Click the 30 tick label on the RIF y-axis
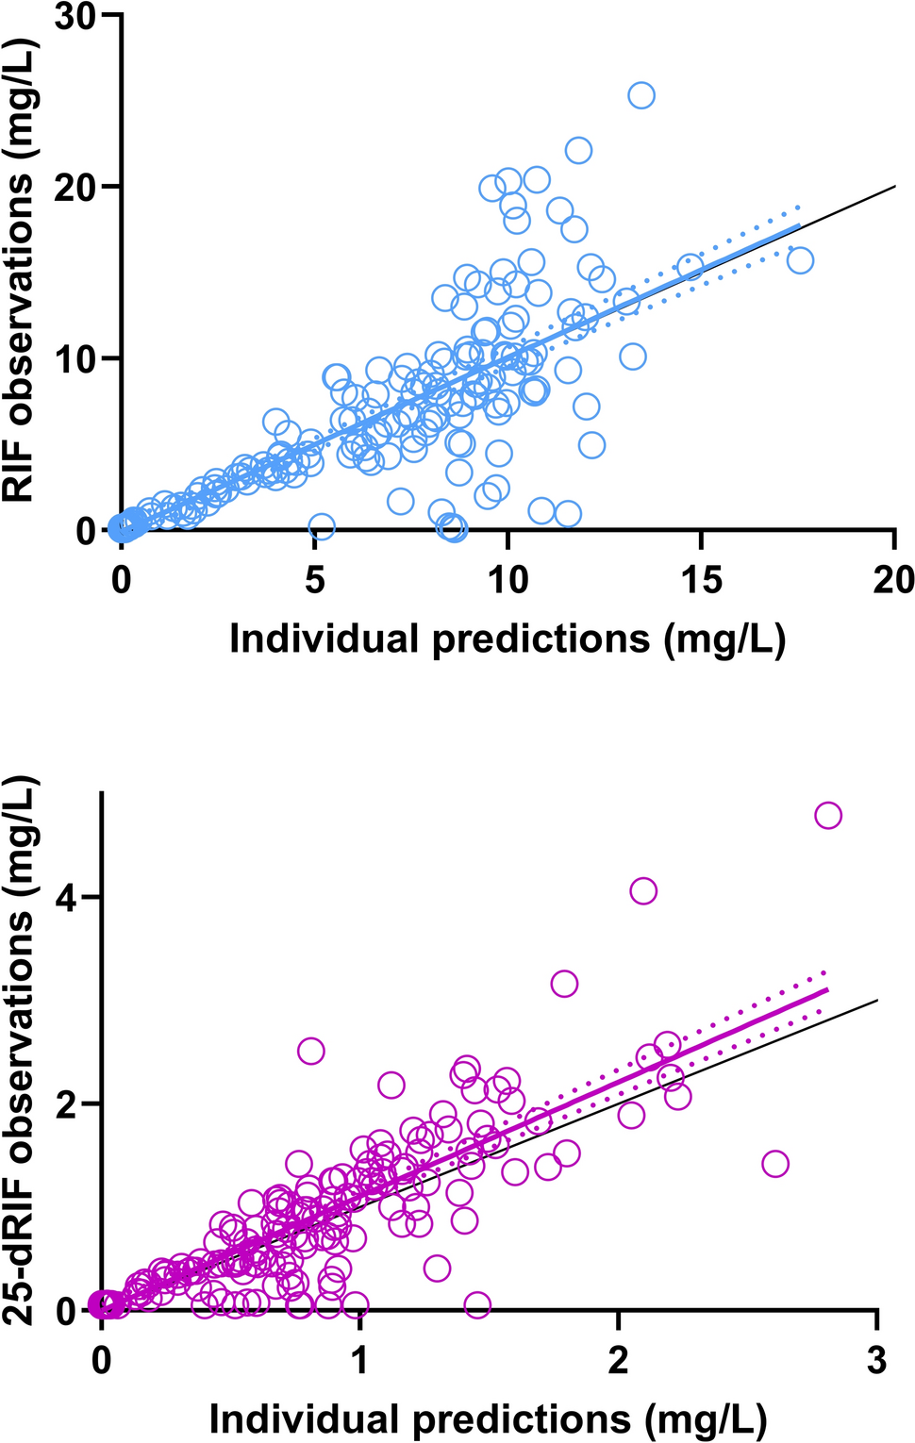(x=76, y=17)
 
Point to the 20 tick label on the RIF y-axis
(x=76, y=188)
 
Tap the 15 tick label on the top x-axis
(x=701, y=580)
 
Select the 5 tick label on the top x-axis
(x=315, y=580)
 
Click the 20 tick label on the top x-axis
(x=892, y=580)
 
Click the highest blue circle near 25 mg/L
(x=641, y=95)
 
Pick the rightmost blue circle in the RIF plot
(x=800, y=260)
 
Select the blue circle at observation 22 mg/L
(x=578, y=150)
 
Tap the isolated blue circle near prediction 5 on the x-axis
(x=322, y=525)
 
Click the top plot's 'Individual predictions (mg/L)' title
(x=507, y=639)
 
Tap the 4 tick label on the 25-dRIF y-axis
(x=66, y=897)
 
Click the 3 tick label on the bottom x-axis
(x=877, y=1360)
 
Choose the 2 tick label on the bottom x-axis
(x=619, y=1360)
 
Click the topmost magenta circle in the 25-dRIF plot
(x=828, y=815)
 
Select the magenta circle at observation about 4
(x=643, y=890)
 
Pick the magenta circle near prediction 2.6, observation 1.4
(x=775, y=1164)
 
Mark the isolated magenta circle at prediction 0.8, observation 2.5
(x=311, y=1051)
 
